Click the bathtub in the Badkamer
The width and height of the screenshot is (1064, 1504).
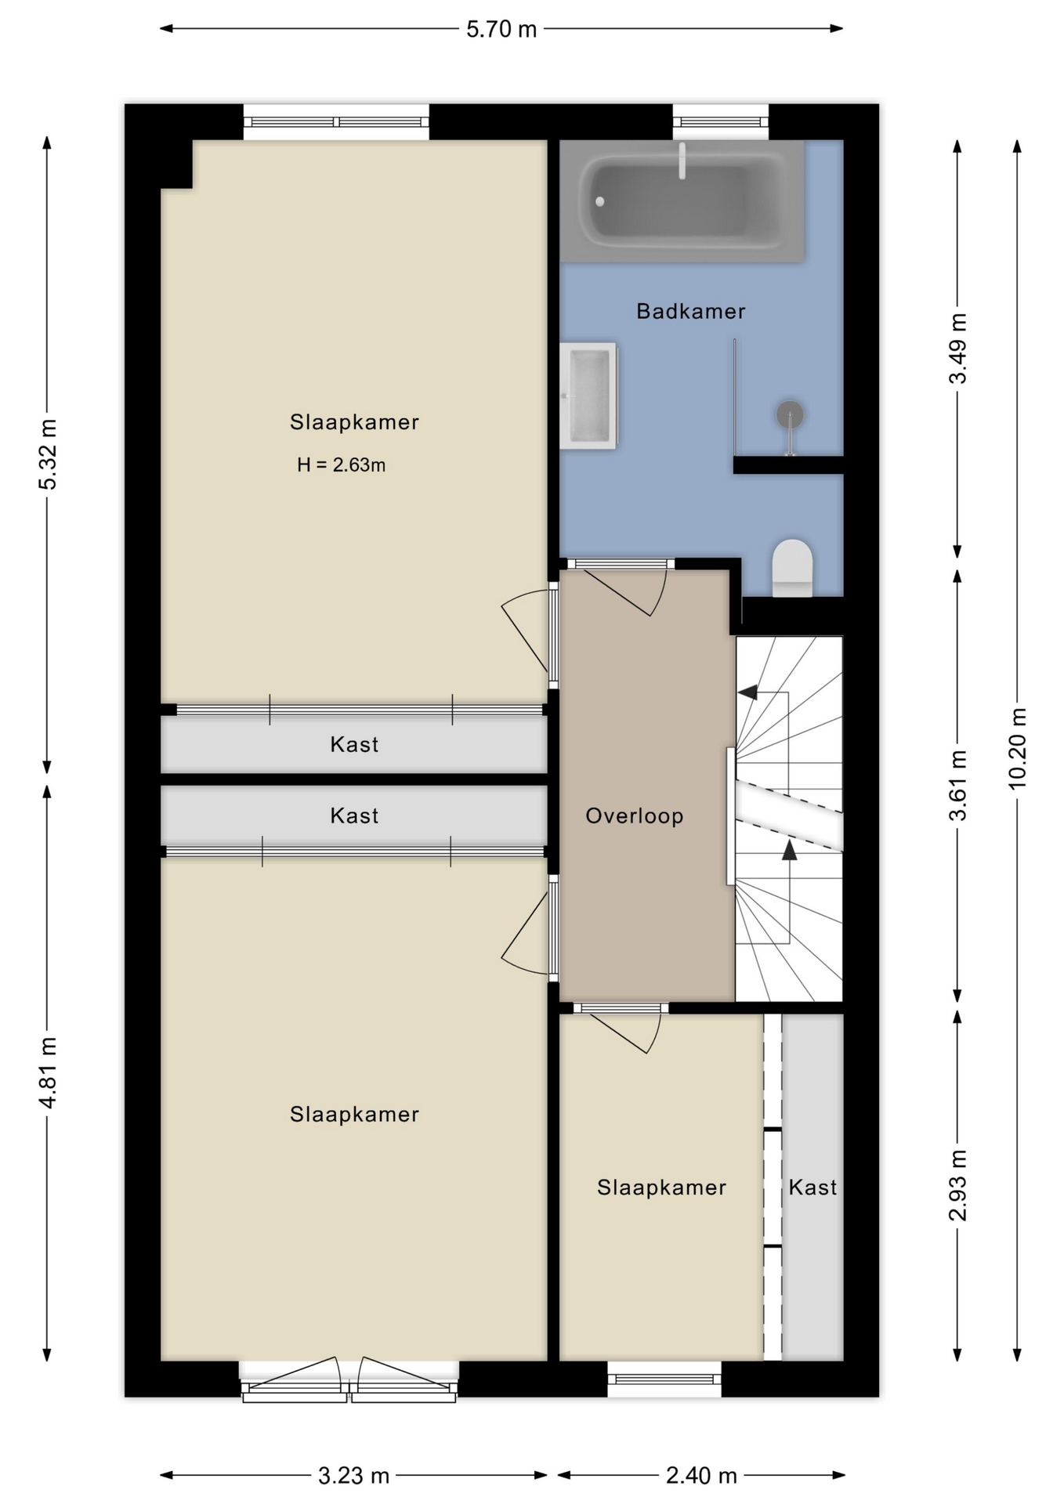pos(682,201)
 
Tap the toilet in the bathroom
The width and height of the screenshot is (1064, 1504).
pos(792,568)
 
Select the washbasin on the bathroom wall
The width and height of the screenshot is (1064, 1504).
pos(588,396)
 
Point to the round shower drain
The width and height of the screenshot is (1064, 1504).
pos(790,414)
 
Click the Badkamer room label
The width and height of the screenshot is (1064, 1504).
pos(690,312)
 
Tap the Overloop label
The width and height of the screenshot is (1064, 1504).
pos(635,816)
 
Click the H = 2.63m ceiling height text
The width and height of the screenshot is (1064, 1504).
pos(341,465)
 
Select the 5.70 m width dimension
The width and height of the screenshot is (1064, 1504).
pos(501,29)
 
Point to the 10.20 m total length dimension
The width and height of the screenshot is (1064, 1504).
pos(1017,748)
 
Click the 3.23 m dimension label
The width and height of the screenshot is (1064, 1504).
pos(353,1476)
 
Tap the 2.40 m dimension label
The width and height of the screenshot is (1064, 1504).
pos(701,1476)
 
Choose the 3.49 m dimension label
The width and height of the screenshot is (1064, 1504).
pos(957,349)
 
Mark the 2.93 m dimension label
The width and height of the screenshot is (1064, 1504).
pos(957,1185)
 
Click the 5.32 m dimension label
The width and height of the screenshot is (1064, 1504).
pos(48,454)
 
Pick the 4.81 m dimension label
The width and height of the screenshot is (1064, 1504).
pos(48,1073)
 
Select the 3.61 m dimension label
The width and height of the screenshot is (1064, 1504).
pos(957,785)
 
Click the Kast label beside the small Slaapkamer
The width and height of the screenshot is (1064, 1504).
pos(812,1188)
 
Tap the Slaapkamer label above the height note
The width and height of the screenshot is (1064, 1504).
pos(354,422)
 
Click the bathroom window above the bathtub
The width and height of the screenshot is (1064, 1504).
pos(721,121)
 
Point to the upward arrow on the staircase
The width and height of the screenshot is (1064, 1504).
pos(789,849)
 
